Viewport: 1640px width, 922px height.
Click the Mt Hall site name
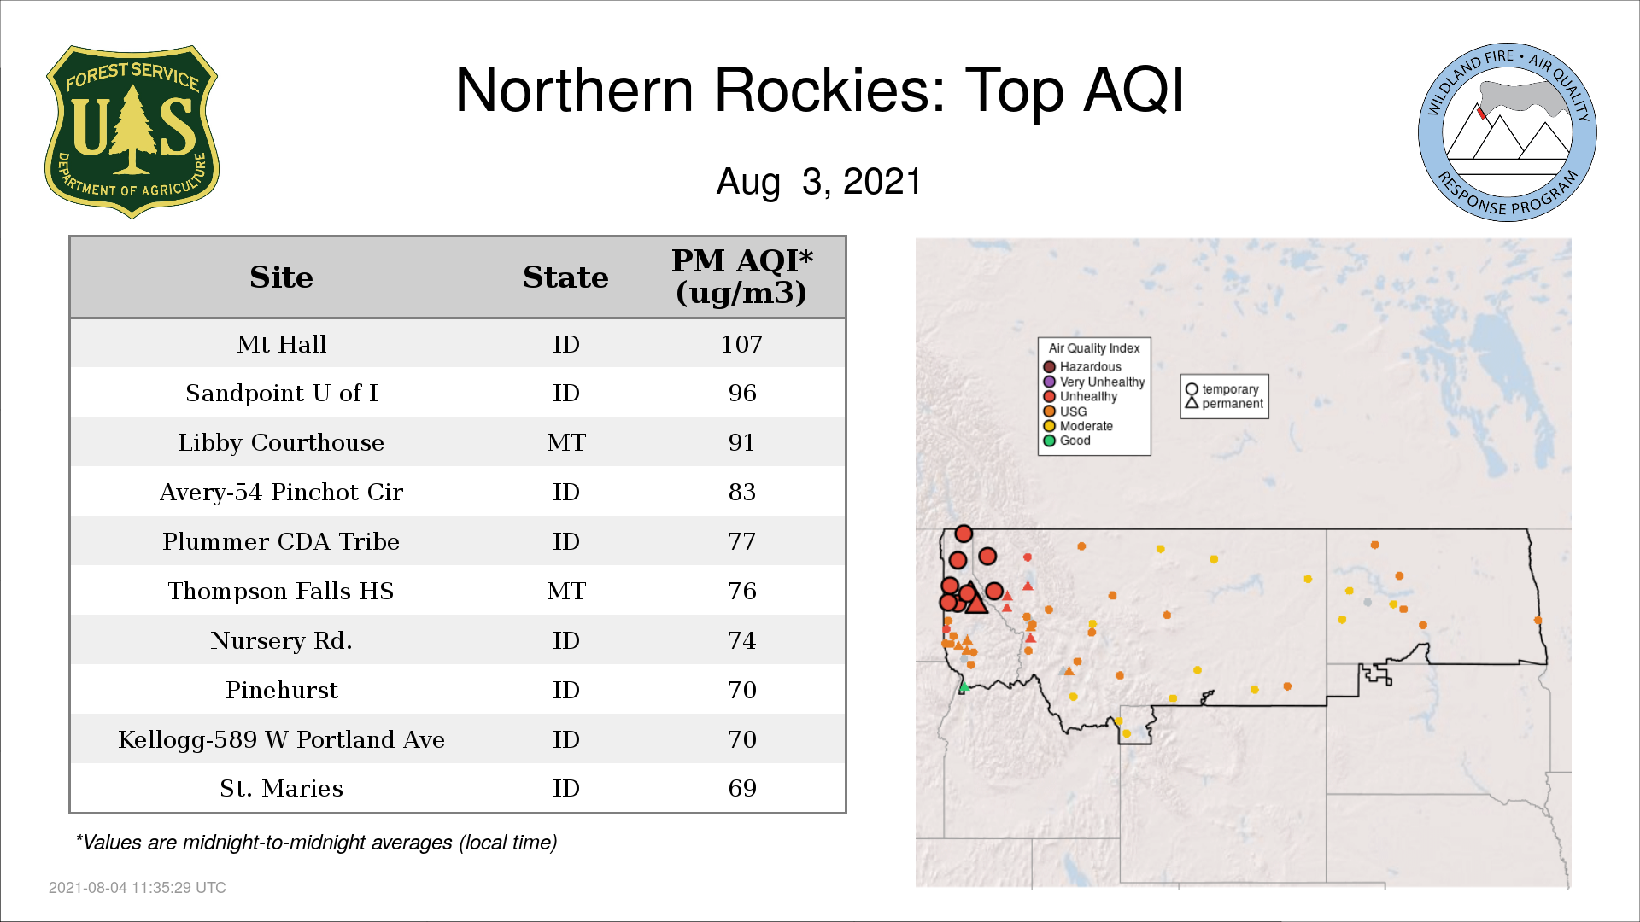pos(281,344)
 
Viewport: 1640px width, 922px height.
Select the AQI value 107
pos(741,344)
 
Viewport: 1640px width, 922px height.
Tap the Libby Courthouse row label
pos(281,442)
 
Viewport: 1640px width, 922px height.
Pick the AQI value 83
pos(742,492)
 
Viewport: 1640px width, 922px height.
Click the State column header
pos(565,277)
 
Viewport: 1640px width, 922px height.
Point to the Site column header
pos(281,277)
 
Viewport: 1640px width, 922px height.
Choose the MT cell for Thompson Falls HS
pos(566,591)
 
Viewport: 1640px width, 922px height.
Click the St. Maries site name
pos(281,788)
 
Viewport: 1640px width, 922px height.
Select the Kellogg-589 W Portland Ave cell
pos(281,739)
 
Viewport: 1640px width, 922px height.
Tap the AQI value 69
pos(742,788)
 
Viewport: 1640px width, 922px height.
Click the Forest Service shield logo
pos(132,131)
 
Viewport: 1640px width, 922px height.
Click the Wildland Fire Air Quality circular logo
pos(1508,132)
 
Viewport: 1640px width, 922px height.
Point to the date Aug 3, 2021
pos(819,182)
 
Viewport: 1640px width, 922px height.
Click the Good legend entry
pos(1067,441)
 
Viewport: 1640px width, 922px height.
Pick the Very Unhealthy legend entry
pos(1094,382)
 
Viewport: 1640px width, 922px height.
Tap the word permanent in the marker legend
pos(1233,404)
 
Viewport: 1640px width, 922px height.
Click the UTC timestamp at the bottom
pos(138,888)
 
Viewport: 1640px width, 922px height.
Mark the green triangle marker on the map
pos(964,686)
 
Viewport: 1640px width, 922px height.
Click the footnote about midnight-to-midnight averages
pos(316,843)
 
